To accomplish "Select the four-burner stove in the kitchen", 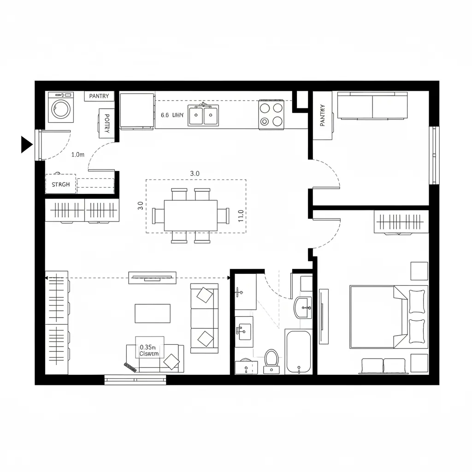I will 271,114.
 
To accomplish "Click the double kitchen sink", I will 203,115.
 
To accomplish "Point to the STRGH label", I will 61,184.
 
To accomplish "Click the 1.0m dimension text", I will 78,155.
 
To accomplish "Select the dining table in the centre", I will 191,215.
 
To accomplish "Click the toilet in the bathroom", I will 271,360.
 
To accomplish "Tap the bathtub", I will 298,351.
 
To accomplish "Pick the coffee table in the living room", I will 153,313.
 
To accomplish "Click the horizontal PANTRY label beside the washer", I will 99,96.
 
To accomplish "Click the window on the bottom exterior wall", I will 135,380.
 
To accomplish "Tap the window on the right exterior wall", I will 434,155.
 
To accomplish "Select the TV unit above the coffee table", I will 153,277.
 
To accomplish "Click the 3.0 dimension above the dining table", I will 195,174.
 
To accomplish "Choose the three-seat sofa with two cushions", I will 204,318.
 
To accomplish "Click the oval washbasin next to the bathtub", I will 303,307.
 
